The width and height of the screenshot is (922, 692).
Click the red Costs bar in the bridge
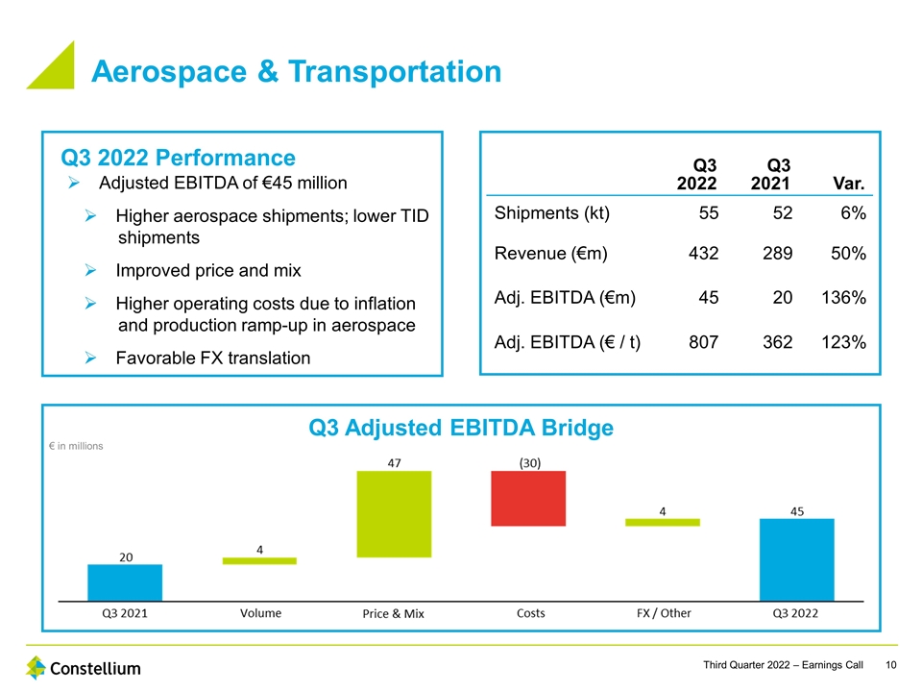pyautogui.click(x=527, y=498)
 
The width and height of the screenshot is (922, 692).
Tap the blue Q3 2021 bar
pyautogui.click(x=125, y=581)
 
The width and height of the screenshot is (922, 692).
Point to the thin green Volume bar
pyautogui.click(x=259, y=560)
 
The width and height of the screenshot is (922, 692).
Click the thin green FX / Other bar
pyautogui.click(x=662, y=522)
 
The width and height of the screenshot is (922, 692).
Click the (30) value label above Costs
pyautogui.click(x=529, y=462)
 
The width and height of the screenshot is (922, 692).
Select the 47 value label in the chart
pyautogui.click(x=394, y=462)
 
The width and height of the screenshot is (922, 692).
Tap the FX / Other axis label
pyautogui.click(x=664, y=613)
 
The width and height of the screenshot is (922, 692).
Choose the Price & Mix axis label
pyautogui.click(x=393, y=614)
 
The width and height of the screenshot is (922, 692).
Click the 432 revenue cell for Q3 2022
pyautogui.click(x=703, y=255)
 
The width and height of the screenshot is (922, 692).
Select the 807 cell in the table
pyautogui.click(x=703, y=340)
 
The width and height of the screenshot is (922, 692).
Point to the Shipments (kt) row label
pyautogui.click(x=551, y=212)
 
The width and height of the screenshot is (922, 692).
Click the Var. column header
pyautogui.click(x=850, y=183)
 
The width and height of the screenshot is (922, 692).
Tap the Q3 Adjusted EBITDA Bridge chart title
pyautogui.click(x=460, y=428)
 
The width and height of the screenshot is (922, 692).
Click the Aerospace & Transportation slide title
pyautogui.click(x=296, y=72)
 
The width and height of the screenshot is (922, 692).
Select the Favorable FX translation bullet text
pyautogui.click(x=212, y=358)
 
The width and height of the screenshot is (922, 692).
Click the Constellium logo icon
pyautogui.click(x=36, y=667)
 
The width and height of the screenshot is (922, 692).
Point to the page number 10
pyautogui.click(x=891, y=665)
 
